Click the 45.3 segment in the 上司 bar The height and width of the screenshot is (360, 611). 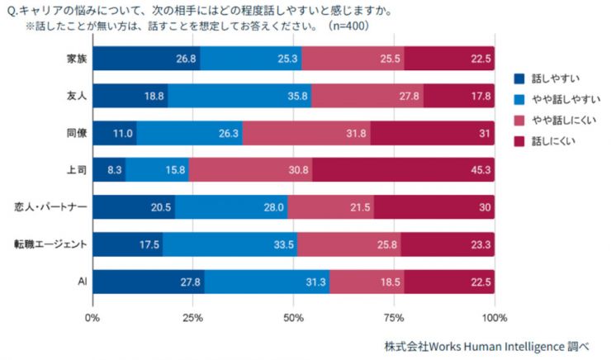(404, 169)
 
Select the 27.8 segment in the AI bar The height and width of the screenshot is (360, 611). (149, 282)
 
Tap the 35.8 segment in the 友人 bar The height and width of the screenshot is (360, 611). (239, 96)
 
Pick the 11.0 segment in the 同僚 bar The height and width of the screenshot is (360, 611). (115, 133)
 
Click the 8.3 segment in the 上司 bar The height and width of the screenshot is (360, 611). (109, 169)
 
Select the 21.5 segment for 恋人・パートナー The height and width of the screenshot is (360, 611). (330, 207)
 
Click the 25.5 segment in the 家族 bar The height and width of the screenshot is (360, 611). (353, 59)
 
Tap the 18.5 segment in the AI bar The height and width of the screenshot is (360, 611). (367, 282)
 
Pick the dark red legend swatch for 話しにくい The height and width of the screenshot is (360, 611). (519, 141)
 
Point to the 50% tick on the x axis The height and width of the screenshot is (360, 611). (293, 317)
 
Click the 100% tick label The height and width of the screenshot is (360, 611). (494, 317)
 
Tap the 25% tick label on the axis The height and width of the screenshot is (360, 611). (192, 317)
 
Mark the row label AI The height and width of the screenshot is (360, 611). (81, 282)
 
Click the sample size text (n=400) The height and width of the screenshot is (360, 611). (348, 26)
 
